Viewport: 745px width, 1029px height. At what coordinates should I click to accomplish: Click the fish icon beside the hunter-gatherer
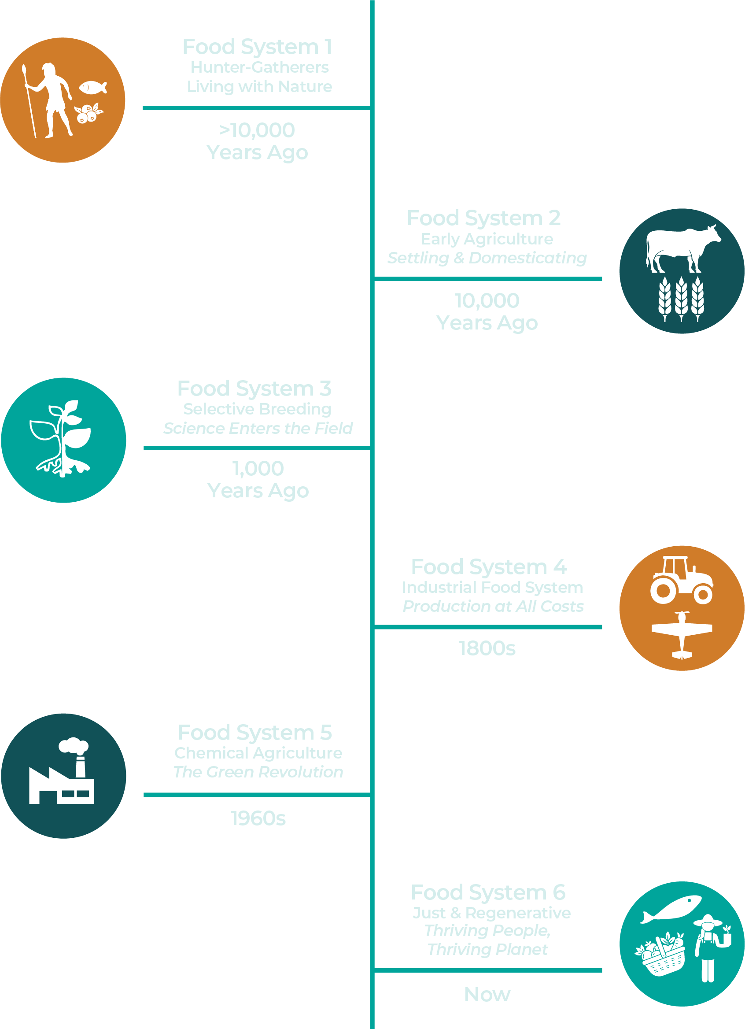(x=92, y=87)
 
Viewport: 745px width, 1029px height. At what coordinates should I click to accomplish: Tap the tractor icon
(x=681, y=581)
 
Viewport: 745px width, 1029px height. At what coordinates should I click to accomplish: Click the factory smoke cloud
(x=74, y=746)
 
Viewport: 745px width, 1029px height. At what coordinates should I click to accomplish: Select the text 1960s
(x=258, y=819)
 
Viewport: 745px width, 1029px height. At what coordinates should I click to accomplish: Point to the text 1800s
(x=487, y=649)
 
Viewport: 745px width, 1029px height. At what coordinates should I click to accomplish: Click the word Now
(x=487, y=995)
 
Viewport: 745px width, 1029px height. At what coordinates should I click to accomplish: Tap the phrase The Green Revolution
(x=258, y=772)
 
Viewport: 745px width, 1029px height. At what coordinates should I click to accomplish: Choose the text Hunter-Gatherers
(x=259, y=67)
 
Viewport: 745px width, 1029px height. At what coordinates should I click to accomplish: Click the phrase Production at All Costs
(x=493, y=607)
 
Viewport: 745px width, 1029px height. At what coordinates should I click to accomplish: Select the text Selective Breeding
(x=257, y=409)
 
